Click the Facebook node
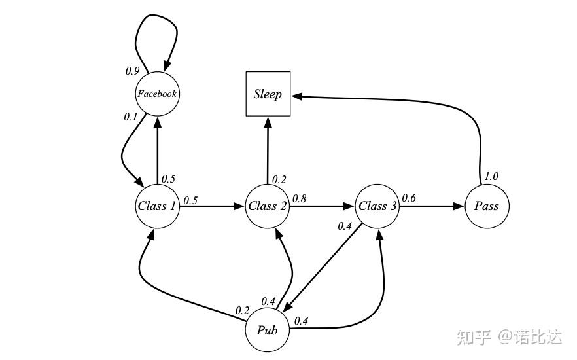[x=157, y=94]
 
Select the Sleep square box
[x=268, y=94]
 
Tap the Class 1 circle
[x=157, y=206]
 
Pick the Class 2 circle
[x=268, y=206]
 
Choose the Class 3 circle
[x=377, y=206]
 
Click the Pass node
[x=487, y=206]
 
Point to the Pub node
[x=268, y=330]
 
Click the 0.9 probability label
[x=132, y=71]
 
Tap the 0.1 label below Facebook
[x=131, y=117]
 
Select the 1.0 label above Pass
[x=491, y=176]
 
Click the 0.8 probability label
[x=299, y=199]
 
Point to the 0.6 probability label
[x=409, y=198]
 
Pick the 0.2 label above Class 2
[x=279, y=179]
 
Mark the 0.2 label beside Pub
[x=242, y=311]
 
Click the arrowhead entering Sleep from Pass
[x=297, y=96]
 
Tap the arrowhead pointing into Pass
[x=459, y=206]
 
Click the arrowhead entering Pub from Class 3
[x=289, y=306]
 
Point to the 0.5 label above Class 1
[x=169, y=179]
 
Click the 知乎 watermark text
[x=474, y=337]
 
